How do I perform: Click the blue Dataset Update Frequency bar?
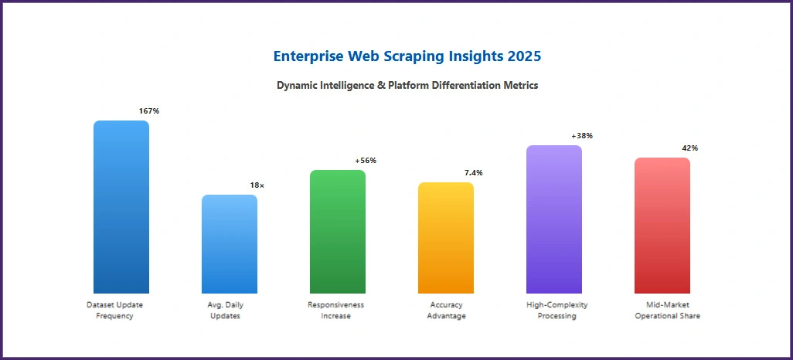point(121,207)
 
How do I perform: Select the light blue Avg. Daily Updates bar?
point(230,244)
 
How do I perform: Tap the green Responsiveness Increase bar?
point(338,232)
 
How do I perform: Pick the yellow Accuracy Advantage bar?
point(446,238)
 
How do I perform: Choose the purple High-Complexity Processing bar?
point(554,219)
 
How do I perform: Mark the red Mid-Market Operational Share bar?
point(662,226)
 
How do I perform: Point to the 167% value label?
point(149,111)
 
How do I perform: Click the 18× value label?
point(257,185)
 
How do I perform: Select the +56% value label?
point(366,161)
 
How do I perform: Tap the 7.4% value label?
point(474,173)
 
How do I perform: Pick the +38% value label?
point(582,136)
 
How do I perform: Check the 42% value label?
point(690,148)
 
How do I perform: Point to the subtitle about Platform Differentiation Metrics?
point(407,86)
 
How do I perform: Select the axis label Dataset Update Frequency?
point(115,311)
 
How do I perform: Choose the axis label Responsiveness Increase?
point(335,311)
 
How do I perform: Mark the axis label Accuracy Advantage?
point(446,311)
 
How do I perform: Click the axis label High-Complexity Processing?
point(557,311)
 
